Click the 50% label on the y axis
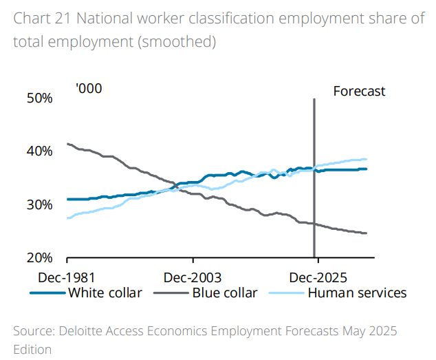[x=39, y=98]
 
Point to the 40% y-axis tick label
[x=39, y=151]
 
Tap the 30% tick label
[x=39, y=205]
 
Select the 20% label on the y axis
[x=39, y=258]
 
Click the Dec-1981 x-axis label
[x=67, y=277]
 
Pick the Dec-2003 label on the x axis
[x=193, y=277]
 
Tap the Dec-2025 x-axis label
[x=318, y=277]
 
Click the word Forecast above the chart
[x=359, y=91]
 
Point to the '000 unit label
[x=89, y=89]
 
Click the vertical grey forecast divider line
[x=314, y=179]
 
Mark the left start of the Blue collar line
[x=67, y=144]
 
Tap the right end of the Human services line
[x=366, y=159]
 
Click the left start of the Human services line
[x=67, y=218]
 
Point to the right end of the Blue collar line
[x=366, y=233]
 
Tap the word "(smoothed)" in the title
[x=177, y=42]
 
